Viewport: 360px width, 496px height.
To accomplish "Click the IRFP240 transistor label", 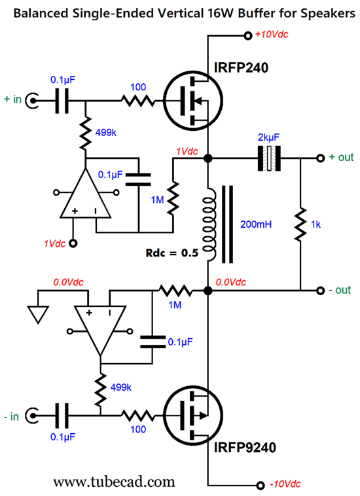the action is tap(241, 67).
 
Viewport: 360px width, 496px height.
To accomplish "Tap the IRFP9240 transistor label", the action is tap(245, 448).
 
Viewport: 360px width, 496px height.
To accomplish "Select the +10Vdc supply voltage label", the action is tap(272, 34).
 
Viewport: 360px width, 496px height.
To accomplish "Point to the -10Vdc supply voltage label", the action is tap(285, 484).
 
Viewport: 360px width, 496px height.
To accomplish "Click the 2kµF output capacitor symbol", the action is tap(269, 158).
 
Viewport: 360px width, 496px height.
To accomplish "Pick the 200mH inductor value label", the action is tap(256, 224).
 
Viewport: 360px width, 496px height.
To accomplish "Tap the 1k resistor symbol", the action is tap(300, 224).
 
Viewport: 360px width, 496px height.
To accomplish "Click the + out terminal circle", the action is tap(321, 158).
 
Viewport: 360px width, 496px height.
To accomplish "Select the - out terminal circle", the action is tap(321, 291).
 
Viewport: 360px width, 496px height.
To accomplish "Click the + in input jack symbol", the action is tap(32, 101).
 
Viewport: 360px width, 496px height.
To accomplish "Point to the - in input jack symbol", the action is tap(32, 416).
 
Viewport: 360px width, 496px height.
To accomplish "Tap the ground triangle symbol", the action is tap(38, 315).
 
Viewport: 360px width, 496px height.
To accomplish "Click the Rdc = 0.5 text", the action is tap(171, 253).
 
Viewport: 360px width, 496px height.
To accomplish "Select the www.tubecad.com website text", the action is tap(114, 482).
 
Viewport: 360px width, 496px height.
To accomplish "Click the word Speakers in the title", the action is tap(328, 13).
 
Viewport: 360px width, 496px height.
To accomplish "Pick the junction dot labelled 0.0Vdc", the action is tap(208, 291).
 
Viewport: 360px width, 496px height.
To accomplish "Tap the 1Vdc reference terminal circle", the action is tap(73, 243).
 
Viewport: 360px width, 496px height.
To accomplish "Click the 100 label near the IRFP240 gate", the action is tap(138, 87).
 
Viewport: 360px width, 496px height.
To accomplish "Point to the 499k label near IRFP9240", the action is tap(121, 387).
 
